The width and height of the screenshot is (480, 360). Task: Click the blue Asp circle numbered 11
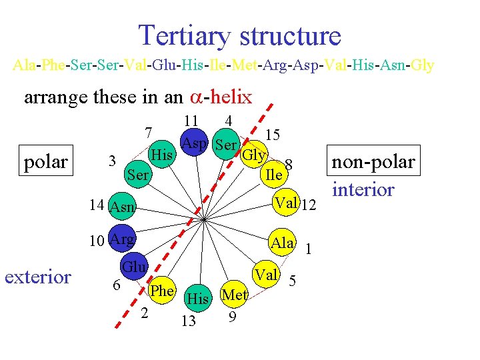click(x=193, y=143)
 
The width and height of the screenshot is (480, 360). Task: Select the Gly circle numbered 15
click(x=253, y=155)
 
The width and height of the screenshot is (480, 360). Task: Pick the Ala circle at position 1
click(x=283, y=243)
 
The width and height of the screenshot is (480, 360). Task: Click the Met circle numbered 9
click(x=234, y=294)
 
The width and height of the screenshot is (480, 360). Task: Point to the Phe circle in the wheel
click(x=161, y=291)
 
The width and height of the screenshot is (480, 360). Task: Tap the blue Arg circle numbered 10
click(x=122, y=239)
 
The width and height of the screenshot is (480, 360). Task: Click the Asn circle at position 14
click(x=121, y=208)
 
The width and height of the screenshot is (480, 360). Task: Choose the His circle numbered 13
click(x=197, y=298)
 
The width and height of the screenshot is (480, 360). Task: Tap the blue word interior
click(x=363, y=189)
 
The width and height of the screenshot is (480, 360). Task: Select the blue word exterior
click(x=38, y=277)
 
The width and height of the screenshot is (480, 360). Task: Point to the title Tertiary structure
click(x=239, y=35)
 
